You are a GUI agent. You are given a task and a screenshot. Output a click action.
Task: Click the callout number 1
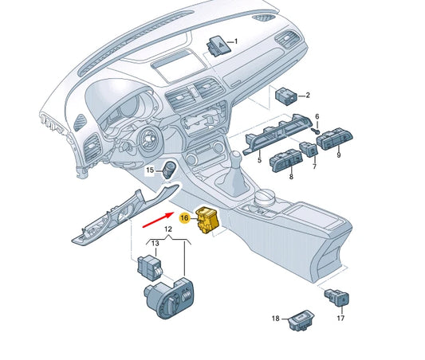235,41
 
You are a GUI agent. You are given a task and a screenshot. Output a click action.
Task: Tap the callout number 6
317,116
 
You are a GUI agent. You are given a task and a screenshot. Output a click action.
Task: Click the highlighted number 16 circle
184,217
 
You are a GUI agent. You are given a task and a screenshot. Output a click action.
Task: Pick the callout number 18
275,319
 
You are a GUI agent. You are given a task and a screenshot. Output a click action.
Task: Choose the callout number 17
340,319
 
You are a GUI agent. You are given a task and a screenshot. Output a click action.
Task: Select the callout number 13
155,242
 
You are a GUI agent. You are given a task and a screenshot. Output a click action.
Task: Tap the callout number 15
150,170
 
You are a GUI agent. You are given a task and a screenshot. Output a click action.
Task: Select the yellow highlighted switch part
207,221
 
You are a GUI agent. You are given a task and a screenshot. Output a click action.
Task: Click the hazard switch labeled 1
216,44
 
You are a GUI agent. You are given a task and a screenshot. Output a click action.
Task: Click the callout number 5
258,160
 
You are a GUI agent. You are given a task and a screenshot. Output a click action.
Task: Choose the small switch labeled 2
286,96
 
